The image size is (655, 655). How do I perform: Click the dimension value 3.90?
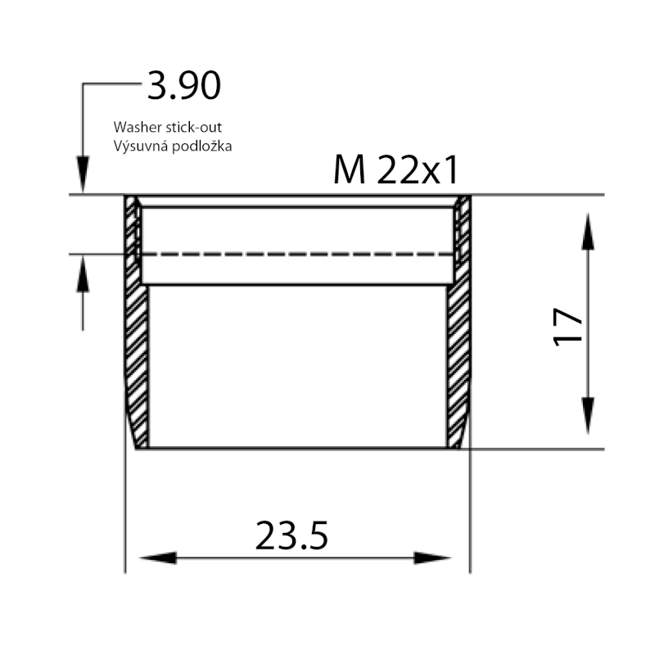[x=183, y=86]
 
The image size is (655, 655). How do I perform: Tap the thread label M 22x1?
[x=395, y=170]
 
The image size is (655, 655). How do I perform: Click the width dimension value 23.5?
[x=291, y=536]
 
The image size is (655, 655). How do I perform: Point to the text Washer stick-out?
[x=168, y=128]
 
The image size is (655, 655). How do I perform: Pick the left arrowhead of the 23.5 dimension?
[x=158, y=558]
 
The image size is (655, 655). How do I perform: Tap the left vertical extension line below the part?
[x=124, y=516]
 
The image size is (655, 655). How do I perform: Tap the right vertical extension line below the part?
[x=470, y=516]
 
